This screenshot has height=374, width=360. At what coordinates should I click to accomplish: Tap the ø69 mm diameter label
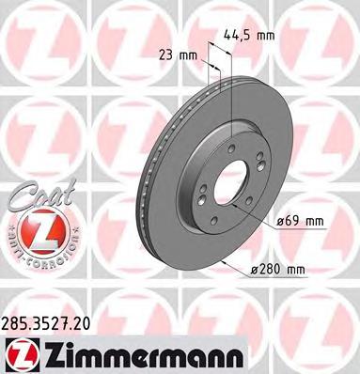click(x=301, y=222)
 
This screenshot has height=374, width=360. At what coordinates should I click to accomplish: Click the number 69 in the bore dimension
click(x=292, y=222)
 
